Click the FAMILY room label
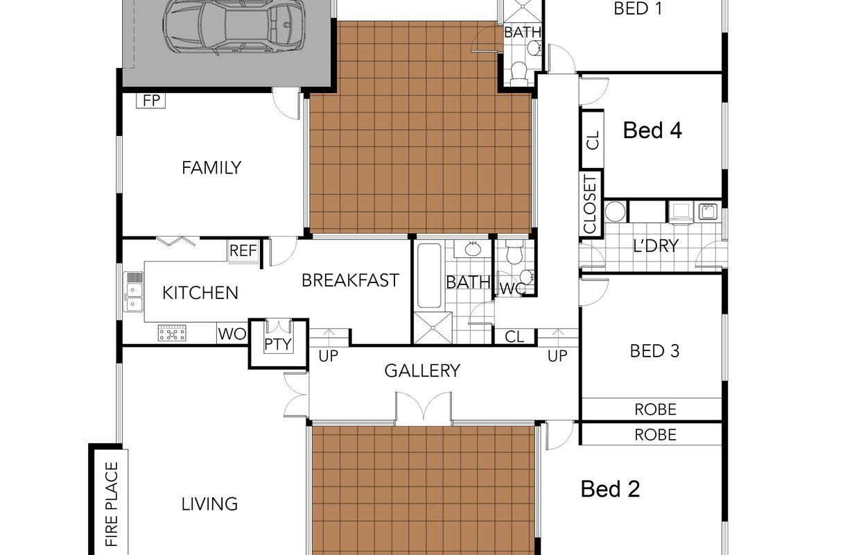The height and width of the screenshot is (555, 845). (x=211, y=168)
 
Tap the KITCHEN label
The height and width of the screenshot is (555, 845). (x=200, y=293)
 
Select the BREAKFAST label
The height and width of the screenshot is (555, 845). (x=351, y=280)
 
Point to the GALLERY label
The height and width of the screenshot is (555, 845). (x=422, y=370)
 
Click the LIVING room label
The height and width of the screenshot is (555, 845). (x=209, y=504)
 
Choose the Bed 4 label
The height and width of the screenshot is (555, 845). (x=652, y=130)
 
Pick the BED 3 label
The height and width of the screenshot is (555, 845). (x=654, y=351)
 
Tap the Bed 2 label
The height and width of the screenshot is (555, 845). (x=611, y=489)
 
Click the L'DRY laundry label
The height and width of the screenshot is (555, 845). (x=656, y=246)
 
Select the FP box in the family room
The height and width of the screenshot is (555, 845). (x=151, y=101)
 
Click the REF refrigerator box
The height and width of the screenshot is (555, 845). (x=243, y=250)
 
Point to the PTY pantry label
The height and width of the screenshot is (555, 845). (x=278, y=344)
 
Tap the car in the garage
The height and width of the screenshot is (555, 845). (x=234, y=26)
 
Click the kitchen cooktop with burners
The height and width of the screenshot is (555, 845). (x=172, y=333)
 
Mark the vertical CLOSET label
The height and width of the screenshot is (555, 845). (x=590, y=204)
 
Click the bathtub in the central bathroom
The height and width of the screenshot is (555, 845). (x=429, y=276)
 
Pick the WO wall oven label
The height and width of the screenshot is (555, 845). (x=232, y=334)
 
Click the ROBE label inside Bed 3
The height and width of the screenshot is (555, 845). (x=655, y=409)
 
